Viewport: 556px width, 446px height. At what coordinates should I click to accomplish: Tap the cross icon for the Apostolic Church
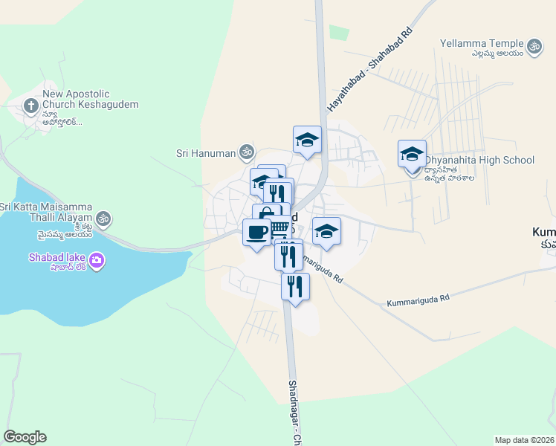click(x=31, y=105)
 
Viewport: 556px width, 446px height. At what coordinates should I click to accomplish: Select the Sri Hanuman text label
click(x=205, y=154)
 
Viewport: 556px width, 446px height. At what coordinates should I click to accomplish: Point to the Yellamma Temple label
click(x=482, y=43)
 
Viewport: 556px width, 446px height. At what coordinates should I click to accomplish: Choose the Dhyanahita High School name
click(x=479, y=160)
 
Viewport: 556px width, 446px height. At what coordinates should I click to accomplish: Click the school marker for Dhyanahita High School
click(x=412, y=155)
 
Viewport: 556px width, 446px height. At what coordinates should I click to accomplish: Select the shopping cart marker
click(x=279, y=227)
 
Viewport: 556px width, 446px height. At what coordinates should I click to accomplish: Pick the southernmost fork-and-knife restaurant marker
click(x=295, y=286)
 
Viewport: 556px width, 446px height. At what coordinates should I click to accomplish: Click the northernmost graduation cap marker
click(x=307, y=140)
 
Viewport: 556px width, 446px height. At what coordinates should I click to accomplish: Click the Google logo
click(x=25, y=437)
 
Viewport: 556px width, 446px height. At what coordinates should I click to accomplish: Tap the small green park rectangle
click(x=339, y=33)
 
